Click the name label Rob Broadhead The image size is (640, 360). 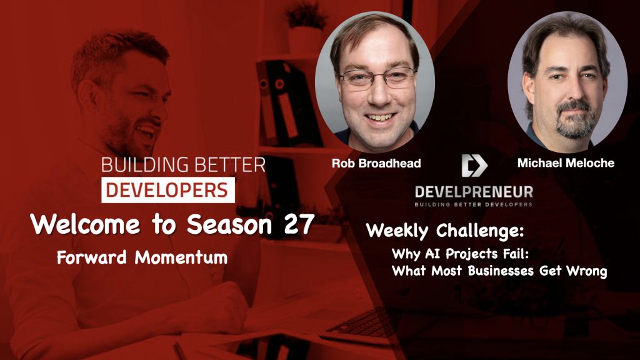[376, 163]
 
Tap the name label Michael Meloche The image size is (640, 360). [566, 162]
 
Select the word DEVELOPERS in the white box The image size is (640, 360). [167, 189]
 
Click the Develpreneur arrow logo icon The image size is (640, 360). [474, 165]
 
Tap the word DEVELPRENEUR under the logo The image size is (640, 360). [474, 191]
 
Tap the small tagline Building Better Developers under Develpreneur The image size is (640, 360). [474, 204]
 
